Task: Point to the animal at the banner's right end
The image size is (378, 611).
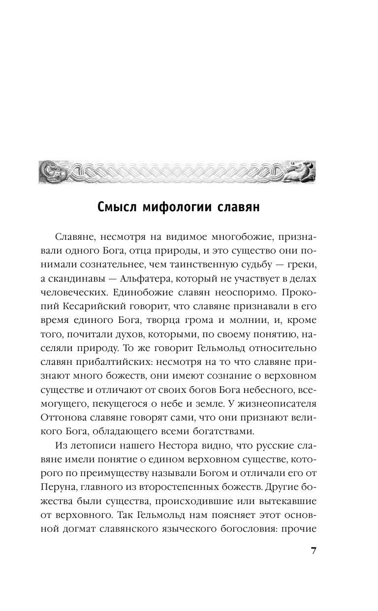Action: tap(300, 172)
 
